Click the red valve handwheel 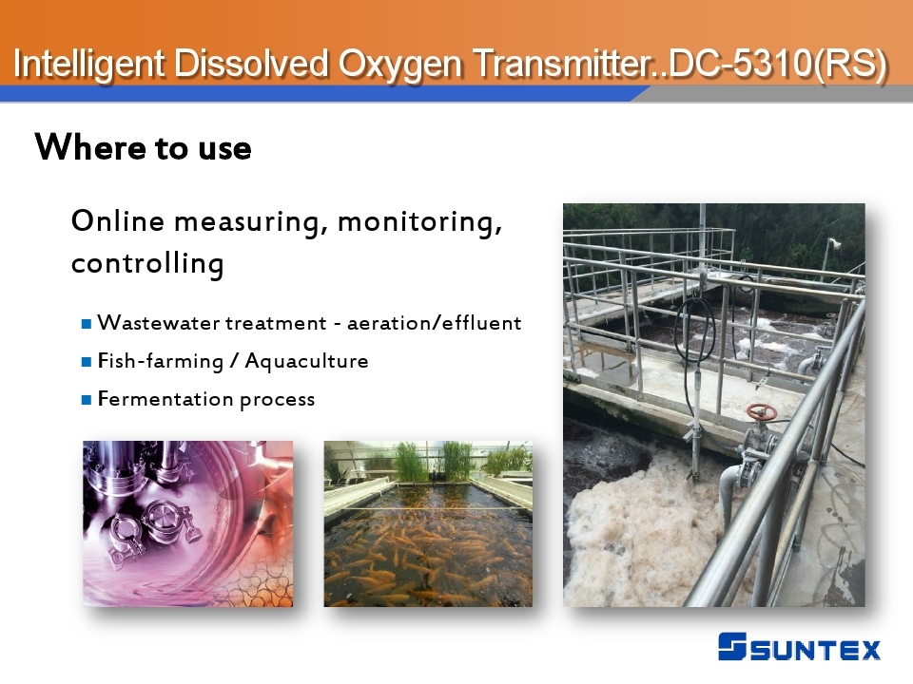click(761, 412)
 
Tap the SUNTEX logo click(799, 647)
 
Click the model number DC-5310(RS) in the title click(778, 64)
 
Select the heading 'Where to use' click(144, 147)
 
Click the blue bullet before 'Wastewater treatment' click(87, 324)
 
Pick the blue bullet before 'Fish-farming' click(87, 362)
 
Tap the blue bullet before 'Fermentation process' click(87, 400)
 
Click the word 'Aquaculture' click(307, 361)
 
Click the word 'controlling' click(147, 263)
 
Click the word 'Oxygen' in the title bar click(400, 64)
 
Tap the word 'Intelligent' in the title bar click(88, 64)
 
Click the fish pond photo click(428, 523)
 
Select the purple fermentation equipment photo click(188, 523)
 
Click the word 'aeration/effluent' click(435, 323)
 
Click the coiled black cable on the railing click(694, 332)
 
